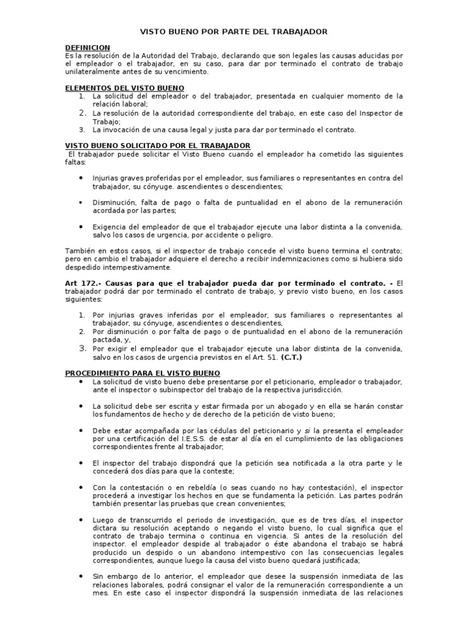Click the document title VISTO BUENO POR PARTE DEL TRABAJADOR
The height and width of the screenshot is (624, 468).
(234, 31)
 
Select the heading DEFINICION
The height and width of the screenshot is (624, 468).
(87, 48)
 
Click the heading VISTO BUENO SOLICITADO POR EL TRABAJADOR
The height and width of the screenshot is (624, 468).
(157, 146)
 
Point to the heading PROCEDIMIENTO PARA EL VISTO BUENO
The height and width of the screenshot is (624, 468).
(143, 372)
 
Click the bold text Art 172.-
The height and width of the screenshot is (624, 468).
(82, 283)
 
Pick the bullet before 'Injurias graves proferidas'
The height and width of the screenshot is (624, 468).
(82, 177)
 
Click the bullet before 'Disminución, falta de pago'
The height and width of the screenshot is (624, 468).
(82, 202)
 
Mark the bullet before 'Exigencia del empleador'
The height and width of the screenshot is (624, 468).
(82, 226)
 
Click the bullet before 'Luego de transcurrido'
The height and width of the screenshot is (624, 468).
(82, 519)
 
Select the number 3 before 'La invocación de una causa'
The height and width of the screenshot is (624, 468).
(82, 129)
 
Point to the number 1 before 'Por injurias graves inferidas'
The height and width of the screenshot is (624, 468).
(82, 315)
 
